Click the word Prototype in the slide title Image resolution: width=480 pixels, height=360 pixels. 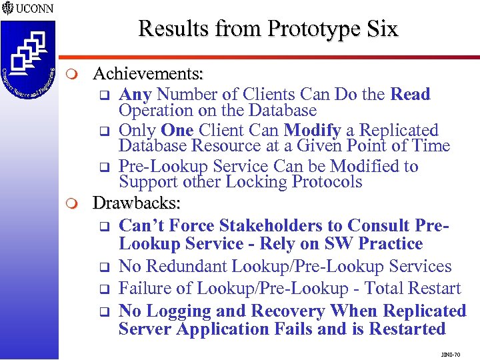(x=309, y=29)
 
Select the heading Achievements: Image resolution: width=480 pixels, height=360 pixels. (x=148, y=72)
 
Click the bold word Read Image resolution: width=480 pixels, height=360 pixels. (x=410, y=94)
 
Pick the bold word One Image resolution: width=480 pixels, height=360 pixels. (x=177, y=130)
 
